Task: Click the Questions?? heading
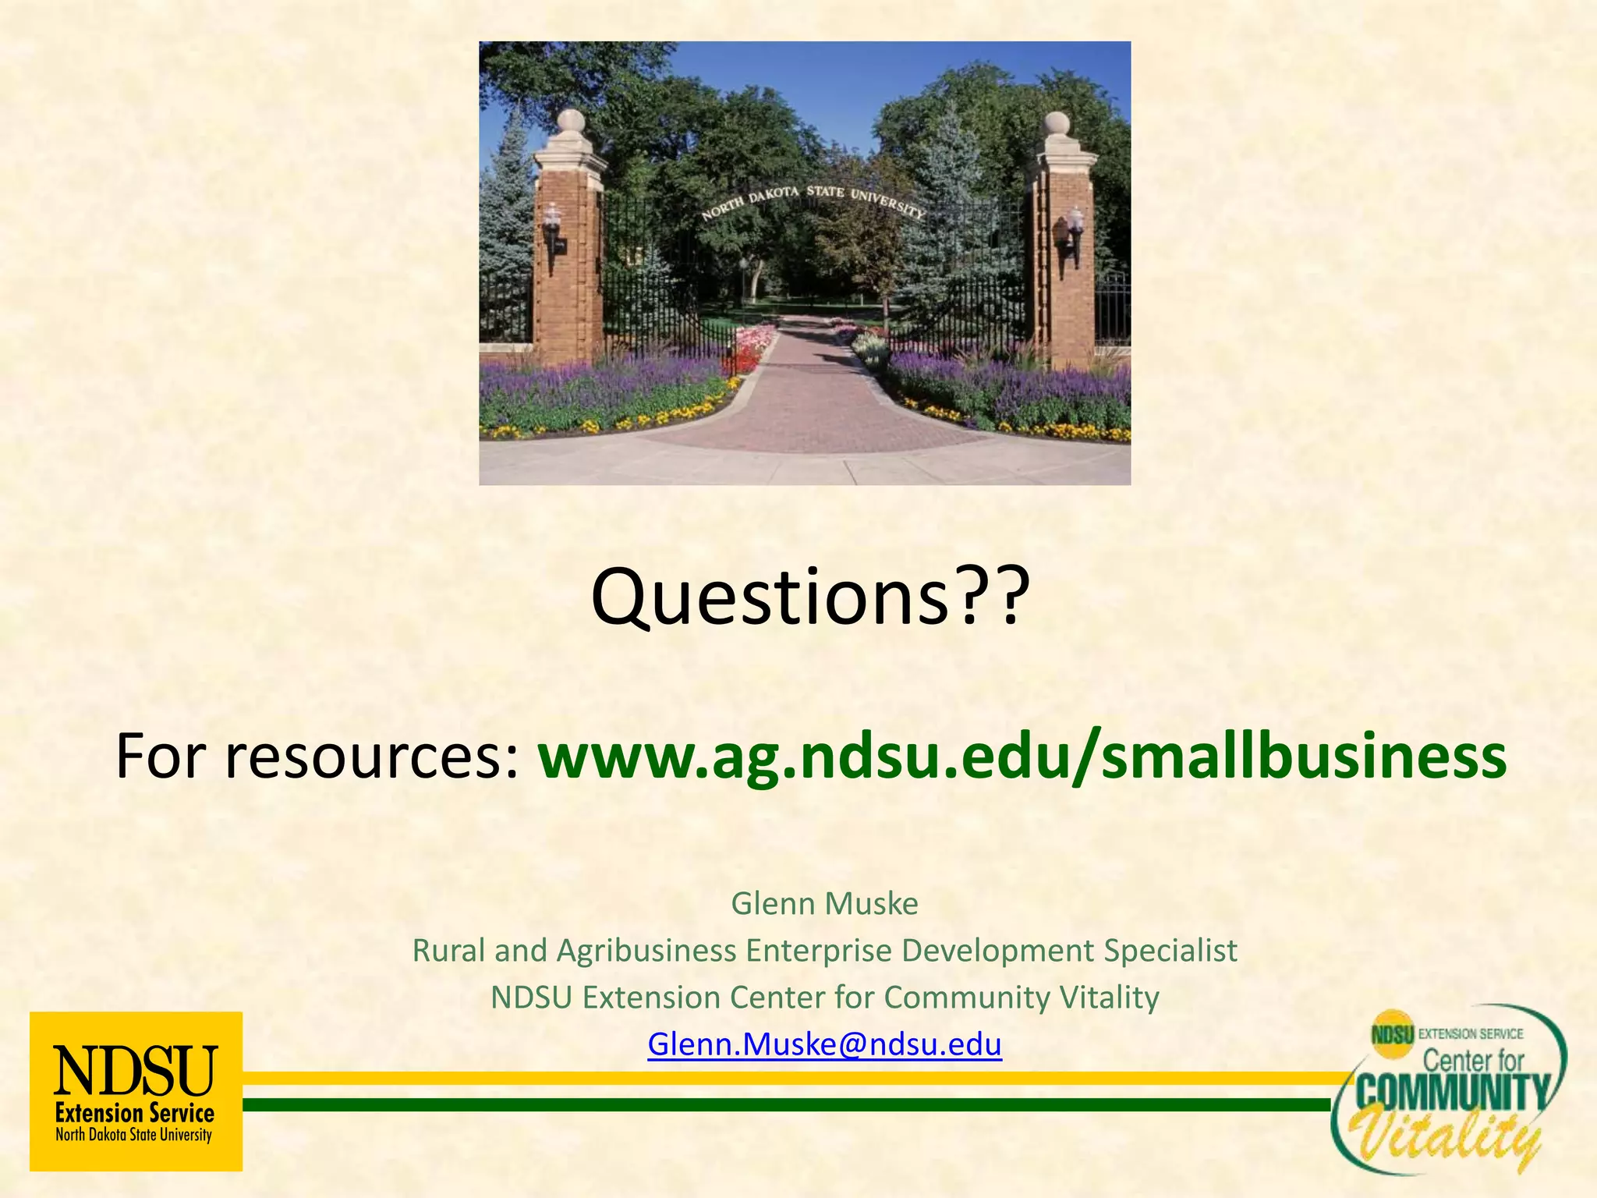coord(810,597)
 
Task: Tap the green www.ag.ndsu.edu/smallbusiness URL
coord(1022,757)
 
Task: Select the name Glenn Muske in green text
coord(824,903)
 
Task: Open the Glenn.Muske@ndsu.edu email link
coord(824,1044)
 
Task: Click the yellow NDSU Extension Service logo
coord(136,1090)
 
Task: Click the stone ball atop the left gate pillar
coord(571,121)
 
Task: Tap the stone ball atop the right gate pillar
coord(1057,122)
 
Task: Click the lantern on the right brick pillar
coord(1075,224)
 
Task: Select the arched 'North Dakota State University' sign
coord(813,199)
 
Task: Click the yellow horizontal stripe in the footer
coord(780,1078)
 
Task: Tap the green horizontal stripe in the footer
coord(780,1104)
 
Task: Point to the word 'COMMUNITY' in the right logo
coord(1452,1093)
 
